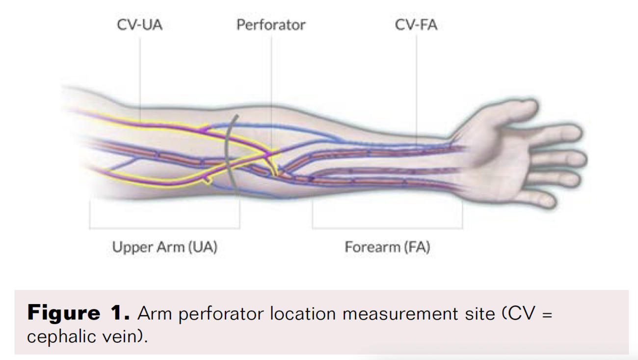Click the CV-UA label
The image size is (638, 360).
point(139,25)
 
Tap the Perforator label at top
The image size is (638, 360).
point(271,25)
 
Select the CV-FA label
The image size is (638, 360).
point(416,25)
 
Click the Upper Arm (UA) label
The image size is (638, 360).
point(164,247)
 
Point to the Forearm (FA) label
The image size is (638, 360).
point(387,247)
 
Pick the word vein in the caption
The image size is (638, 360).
point(125,337)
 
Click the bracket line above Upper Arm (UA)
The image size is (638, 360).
point(164,228)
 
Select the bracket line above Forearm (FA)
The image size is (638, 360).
point(387,228)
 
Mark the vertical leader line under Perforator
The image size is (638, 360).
point(271,88)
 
